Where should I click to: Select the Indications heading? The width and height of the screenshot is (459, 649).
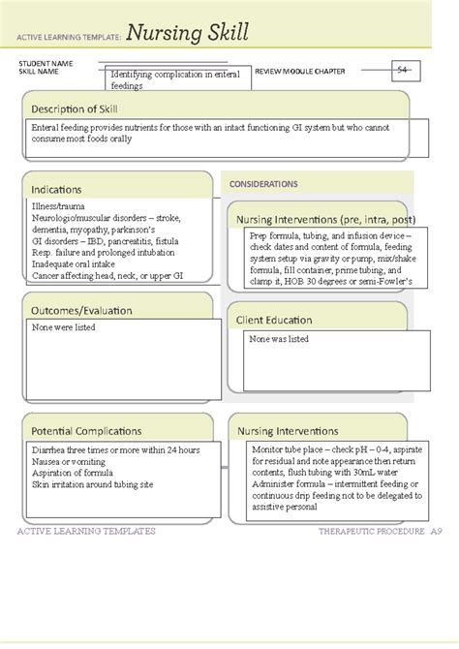point(56,189)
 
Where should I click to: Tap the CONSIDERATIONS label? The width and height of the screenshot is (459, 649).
point(263,184)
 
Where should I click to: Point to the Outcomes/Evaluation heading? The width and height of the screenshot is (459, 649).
point(81,310)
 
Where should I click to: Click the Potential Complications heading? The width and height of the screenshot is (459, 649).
point(86,430)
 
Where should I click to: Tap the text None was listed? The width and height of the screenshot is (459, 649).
point(279,339)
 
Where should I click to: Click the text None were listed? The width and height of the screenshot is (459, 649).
point(64,327)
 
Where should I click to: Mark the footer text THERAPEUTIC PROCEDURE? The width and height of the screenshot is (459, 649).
point(370,532)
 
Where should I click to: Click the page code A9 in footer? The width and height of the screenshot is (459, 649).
point(438,532)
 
